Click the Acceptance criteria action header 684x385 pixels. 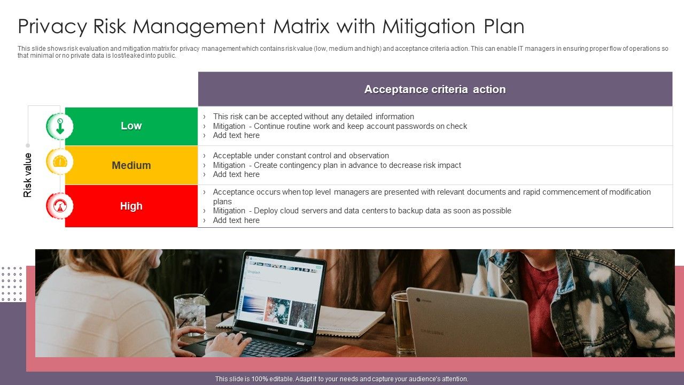(x=435, y=89)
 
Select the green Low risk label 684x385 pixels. (x=131, y=126)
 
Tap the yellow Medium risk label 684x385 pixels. (x=131, y=165)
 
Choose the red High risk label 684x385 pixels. (x=131, y=206)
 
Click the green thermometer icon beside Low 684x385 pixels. (x=60, y=126)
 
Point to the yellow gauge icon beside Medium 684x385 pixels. (x=60, y=161)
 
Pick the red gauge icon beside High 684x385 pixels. (x=60, y=205)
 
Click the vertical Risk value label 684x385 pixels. (x=28, y=175)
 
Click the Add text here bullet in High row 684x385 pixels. (x=236, y=220)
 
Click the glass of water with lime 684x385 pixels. (x=190, y=313)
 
